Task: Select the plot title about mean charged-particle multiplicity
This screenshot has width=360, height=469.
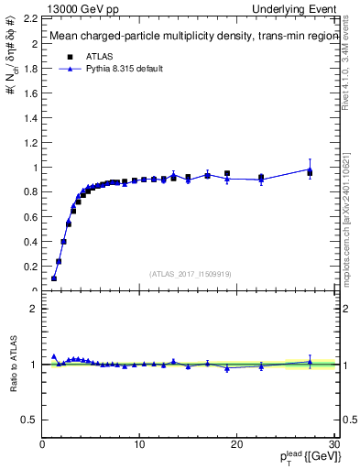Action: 182,38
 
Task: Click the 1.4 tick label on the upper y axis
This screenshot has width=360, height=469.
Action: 29,118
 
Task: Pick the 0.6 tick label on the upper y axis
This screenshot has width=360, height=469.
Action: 29,217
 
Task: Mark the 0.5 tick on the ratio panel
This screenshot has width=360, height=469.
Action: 29,420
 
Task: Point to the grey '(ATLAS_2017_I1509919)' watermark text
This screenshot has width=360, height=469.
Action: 190,273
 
